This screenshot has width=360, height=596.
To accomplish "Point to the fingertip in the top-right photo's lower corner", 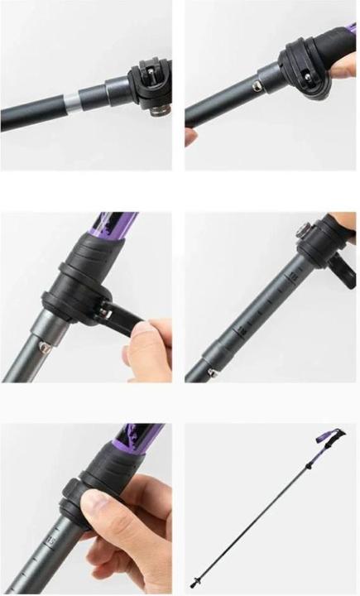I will (x=190, y=137).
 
